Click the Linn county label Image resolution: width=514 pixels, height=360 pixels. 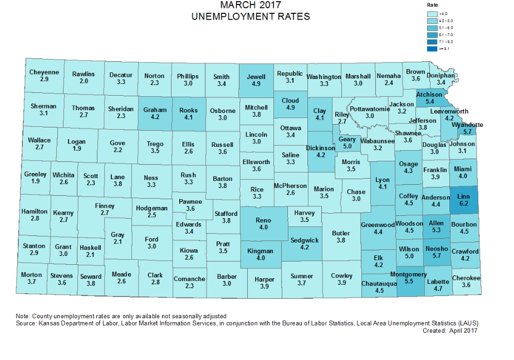463,196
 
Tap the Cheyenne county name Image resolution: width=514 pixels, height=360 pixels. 44,72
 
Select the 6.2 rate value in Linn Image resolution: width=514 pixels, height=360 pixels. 463,204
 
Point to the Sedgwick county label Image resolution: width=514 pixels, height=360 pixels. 305,240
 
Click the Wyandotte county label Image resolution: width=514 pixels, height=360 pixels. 467,125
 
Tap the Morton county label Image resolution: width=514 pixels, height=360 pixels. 32,275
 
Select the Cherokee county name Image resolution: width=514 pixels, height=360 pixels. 466,278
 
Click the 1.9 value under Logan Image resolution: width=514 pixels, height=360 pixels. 76,149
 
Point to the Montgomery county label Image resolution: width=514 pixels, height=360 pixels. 408,274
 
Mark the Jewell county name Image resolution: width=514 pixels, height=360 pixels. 256,77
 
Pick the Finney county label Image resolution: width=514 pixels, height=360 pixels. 104,206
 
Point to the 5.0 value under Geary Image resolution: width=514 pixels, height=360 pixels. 347,146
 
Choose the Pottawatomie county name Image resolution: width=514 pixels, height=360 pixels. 370,109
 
